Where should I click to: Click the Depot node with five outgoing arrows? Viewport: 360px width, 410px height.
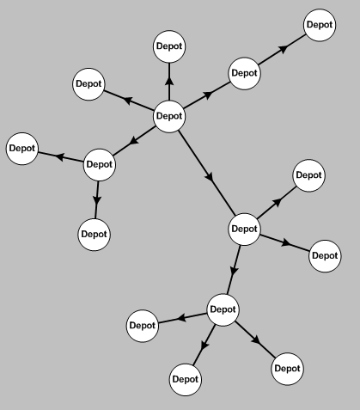click(x=169, y=116)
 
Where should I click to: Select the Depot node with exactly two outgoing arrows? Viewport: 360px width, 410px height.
click(x=100, y=164)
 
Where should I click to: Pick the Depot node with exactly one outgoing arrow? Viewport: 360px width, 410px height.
click(x=244, y=73)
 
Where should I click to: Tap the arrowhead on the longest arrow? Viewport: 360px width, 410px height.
click(x=211, y=176)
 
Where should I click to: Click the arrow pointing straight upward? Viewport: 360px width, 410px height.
click(x=169, y=82)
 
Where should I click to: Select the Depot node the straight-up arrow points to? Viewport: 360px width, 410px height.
click(x=169, y=46)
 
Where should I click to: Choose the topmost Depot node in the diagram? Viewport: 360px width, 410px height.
click(x=320, y=25)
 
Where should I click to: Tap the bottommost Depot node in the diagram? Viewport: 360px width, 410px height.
click(x=186, y=380)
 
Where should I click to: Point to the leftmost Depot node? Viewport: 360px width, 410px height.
click(x=22, y=149)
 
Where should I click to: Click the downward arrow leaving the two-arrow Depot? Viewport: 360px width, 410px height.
click(x=97, y=199)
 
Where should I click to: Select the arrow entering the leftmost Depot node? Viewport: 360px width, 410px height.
click(x=61, y=157)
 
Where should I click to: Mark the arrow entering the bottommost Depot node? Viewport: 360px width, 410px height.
click(x=204, y=345)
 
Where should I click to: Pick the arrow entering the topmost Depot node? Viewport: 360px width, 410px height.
click(x=282, y=49)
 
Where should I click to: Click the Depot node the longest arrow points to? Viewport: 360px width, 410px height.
click(x=244, y=229)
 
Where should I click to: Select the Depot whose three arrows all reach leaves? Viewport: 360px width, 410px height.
click(x=223, y=309)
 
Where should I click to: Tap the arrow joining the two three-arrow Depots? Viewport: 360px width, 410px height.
click(x=234, y=270)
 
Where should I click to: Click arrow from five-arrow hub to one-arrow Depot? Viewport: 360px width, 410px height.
click(x=207, y=95)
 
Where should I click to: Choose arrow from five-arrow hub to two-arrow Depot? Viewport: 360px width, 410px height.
click(x=134, y=141)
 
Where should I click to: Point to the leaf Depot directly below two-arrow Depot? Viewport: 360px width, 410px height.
click(x=94, y=235)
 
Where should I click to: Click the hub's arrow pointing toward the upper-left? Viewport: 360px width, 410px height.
click(x=128, y=101)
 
